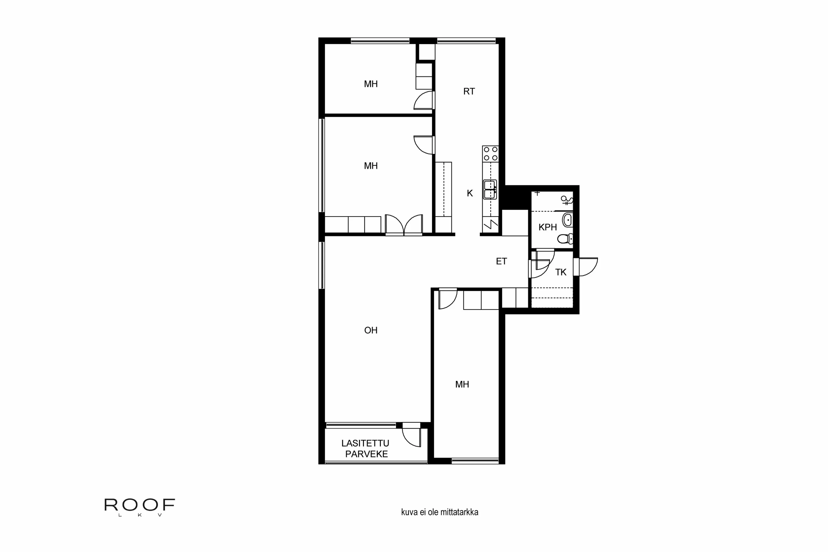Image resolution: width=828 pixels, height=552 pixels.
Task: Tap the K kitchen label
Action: (x=470, y=193)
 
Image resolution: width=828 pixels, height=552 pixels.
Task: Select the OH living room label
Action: (x=371, y=330)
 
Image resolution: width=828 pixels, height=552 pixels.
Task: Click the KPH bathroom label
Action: (x=547, y=227)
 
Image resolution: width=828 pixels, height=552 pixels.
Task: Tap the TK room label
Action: (x=561, y=272)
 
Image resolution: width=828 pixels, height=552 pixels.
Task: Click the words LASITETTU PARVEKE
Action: (x=366, y=449)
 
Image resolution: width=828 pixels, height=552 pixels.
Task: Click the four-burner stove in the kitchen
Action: (x=490, y=154)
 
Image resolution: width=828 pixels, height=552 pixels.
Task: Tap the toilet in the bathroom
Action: (x=565, y=239)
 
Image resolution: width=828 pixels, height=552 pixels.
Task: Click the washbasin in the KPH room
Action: (x=567, y=220)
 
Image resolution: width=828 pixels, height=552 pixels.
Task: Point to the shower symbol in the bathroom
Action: (x=566, y=201)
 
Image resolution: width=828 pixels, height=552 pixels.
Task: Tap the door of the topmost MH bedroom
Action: (x=423, y=101)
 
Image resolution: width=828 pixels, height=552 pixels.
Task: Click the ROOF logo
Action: (x=139, y=506)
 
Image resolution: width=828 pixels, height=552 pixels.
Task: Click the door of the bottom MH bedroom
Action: (x=447, y=299)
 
